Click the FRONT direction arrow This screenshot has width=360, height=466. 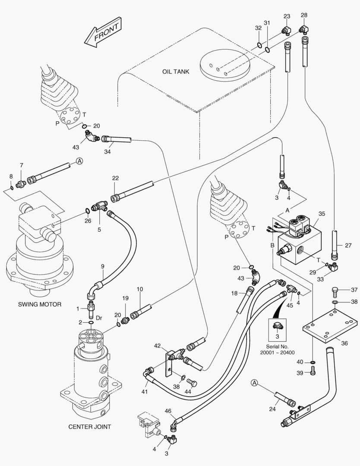[x=102, y=33]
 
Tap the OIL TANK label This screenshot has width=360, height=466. [x=176, y=72]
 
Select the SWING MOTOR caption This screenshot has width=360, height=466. [x=40, y=304]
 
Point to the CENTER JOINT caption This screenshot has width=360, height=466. [x=90, y=427]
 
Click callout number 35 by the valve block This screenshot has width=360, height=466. [x=321, y=214]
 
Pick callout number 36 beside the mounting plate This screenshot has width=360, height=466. [x=344, y=343]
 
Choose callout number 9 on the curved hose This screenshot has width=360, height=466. [x=103, y=266]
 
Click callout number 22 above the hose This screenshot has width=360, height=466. [x=115, y=179]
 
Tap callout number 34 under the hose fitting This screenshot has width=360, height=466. [x=107, y=151]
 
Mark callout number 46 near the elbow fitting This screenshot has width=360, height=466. [x=167, y=411]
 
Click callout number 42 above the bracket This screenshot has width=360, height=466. [x=158, y=346]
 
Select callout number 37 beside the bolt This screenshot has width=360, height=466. [x=354, y=290]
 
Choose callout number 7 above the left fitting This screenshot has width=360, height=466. [x=21, y=165]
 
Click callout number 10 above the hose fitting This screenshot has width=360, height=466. [x=139, y=289]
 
